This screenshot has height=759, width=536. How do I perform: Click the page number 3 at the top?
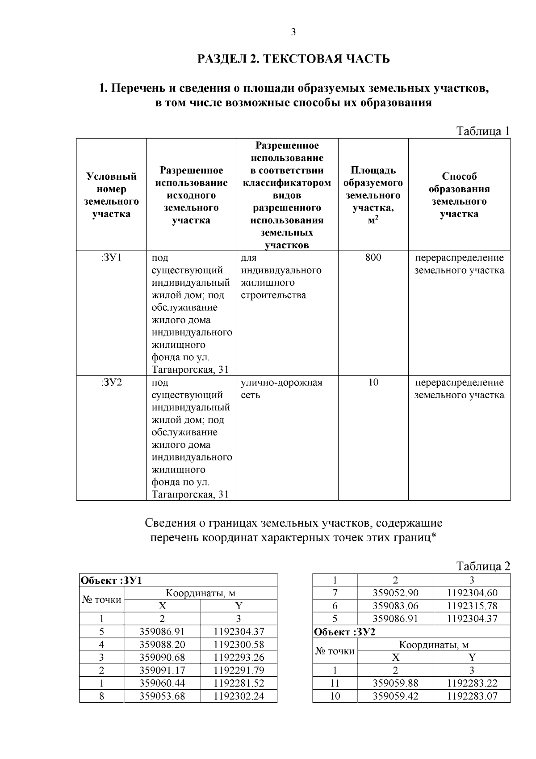293,32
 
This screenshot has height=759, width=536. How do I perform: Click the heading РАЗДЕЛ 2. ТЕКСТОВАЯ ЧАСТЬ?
293,59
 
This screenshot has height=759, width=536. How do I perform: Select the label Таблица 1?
482,131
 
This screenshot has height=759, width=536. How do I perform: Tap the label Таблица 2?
482,566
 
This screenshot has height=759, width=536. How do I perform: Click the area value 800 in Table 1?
373,257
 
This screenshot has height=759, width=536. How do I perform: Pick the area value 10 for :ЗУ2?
373,383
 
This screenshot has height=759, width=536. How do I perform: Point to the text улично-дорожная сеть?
281,389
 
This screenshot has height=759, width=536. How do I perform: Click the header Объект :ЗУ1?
111,581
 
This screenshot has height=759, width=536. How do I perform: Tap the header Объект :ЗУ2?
344,632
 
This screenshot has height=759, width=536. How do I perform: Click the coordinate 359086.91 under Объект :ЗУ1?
162,632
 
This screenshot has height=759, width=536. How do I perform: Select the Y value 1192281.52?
239,683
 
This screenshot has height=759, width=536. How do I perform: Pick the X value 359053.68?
162,696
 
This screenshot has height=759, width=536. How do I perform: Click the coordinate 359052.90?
395,593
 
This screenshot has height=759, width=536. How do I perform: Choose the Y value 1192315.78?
472,606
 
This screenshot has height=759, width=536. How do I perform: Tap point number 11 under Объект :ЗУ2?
335,683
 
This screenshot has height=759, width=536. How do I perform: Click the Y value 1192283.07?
472,696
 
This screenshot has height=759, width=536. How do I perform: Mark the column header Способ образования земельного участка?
459,195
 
